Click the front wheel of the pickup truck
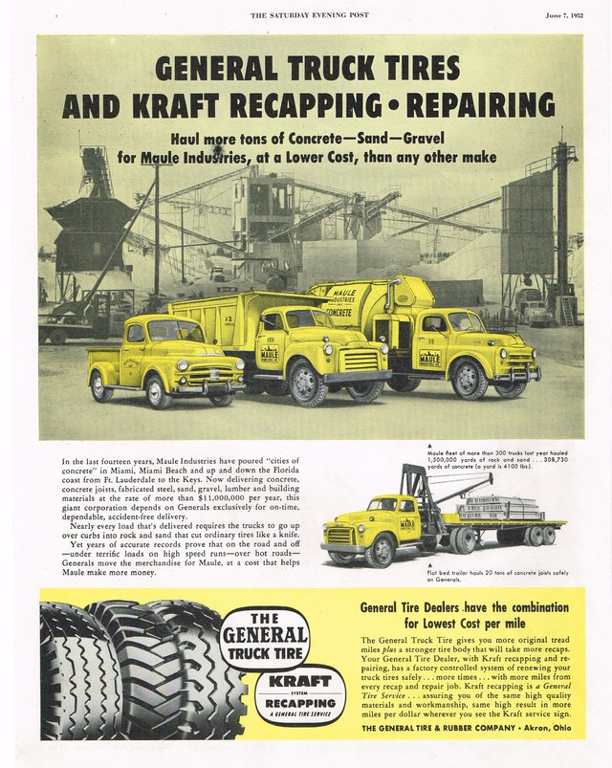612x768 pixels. coord(101,385)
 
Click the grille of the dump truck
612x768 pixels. coord(359,362)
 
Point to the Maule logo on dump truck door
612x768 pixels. coord(270,356)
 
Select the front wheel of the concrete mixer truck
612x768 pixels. coord(469,380)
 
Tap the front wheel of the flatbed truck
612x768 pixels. coord(379,552)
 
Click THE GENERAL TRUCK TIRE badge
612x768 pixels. coord(264,635)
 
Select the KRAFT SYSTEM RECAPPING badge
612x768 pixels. coord(300,695)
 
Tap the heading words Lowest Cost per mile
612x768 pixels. coord(471,623)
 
